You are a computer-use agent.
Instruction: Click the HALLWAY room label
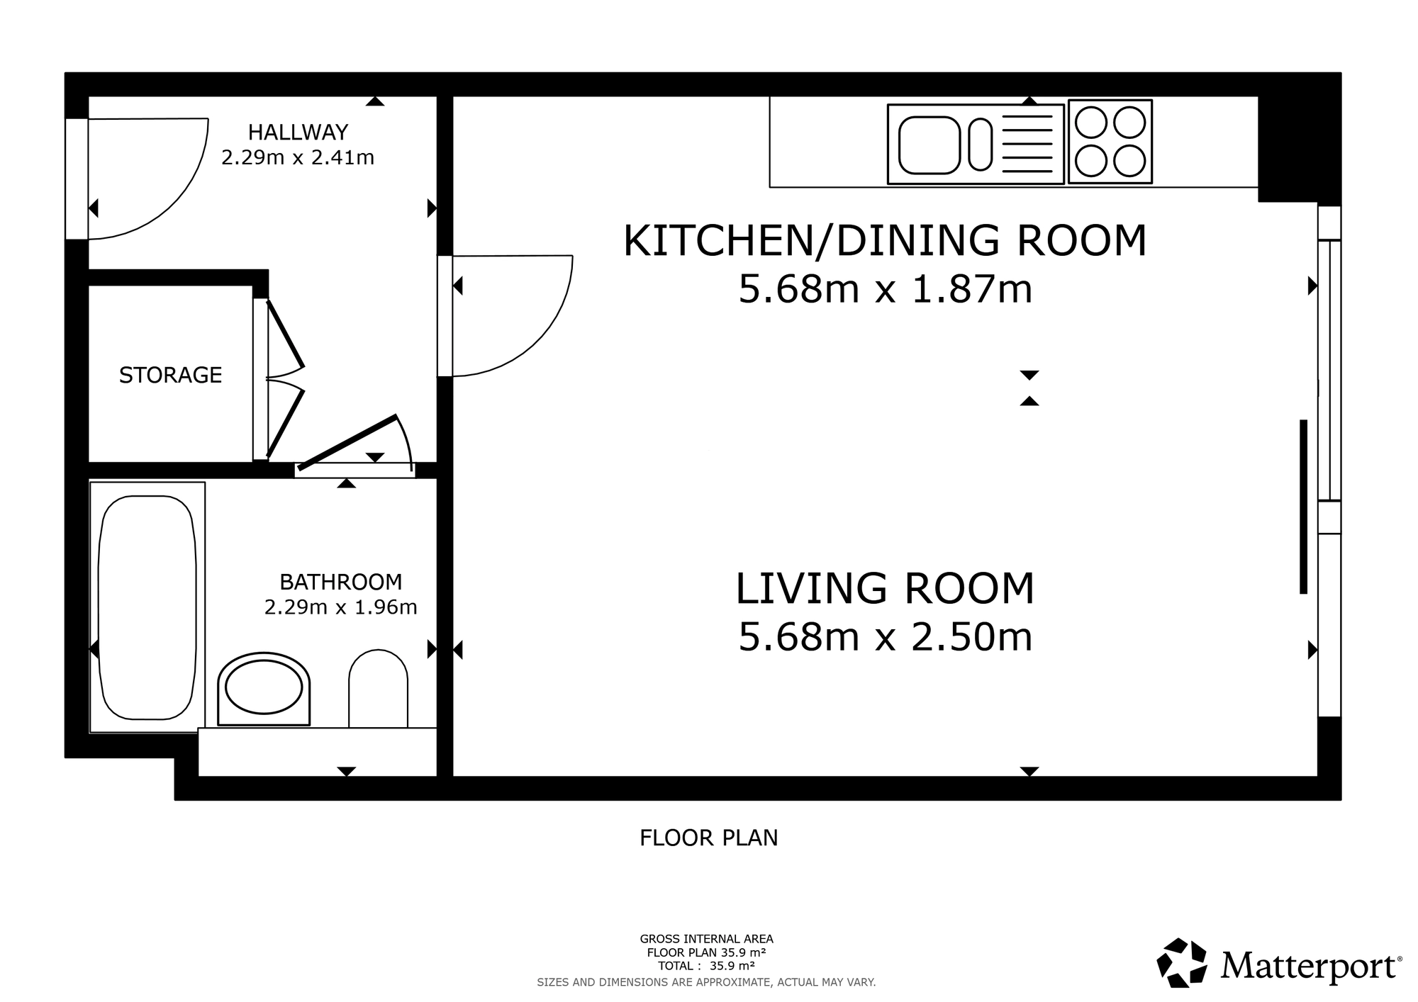[298, 133]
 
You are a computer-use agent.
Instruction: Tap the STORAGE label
[170, 375]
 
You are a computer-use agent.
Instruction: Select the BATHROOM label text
[340, 582]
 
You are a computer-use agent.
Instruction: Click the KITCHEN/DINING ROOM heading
[885, 240]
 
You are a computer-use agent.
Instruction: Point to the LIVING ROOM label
[885, 588]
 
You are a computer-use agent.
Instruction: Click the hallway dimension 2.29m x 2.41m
[298, 157]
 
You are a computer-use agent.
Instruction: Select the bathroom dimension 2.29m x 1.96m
[340, 607]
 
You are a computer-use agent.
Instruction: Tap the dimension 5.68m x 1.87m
[885, 289]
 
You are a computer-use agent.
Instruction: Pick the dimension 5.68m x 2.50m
[885, 637]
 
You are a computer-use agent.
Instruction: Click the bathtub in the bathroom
[147, 607]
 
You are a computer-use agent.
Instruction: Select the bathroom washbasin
[264, 689]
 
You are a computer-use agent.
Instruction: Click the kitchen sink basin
[929, 145]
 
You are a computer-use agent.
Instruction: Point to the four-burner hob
[1110, 142]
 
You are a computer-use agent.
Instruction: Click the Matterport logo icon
[1182, 963]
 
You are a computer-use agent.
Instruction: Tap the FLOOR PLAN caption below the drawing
[709, 838]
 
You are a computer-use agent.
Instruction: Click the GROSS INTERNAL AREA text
[706, 940]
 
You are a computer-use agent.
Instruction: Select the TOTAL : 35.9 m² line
[706, 966]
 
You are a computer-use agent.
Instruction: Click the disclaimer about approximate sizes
[706, 982]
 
